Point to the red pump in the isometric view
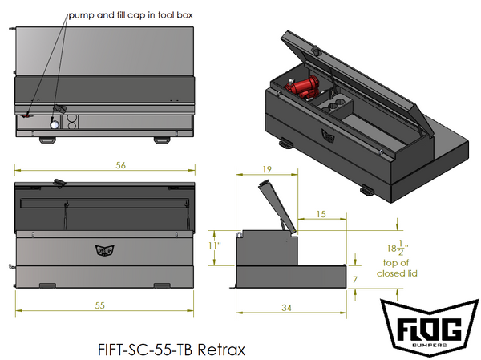point(305,86)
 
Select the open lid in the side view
point(275,206)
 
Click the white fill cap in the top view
point(53,124)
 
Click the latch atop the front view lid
point(58,182)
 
